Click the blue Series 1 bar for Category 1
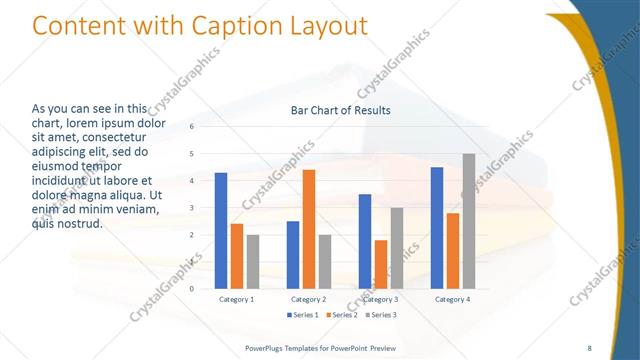[x=221, y=231]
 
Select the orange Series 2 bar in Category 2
[x=309, y=229]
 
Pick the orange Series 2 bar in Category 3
[x=381, y=264]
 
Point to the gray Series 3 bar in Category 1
[x=253, y=262]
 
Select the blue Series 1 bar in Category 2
[x=293, y=255]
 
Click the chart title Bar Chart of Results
[x=340, y=110]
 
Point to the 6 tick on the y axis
[x=192, y=127]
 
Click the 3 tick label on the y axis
[x=192, y=208]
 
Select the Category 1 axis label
[x=237, y=299]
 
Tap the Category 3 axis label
[x=381, y=299]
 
